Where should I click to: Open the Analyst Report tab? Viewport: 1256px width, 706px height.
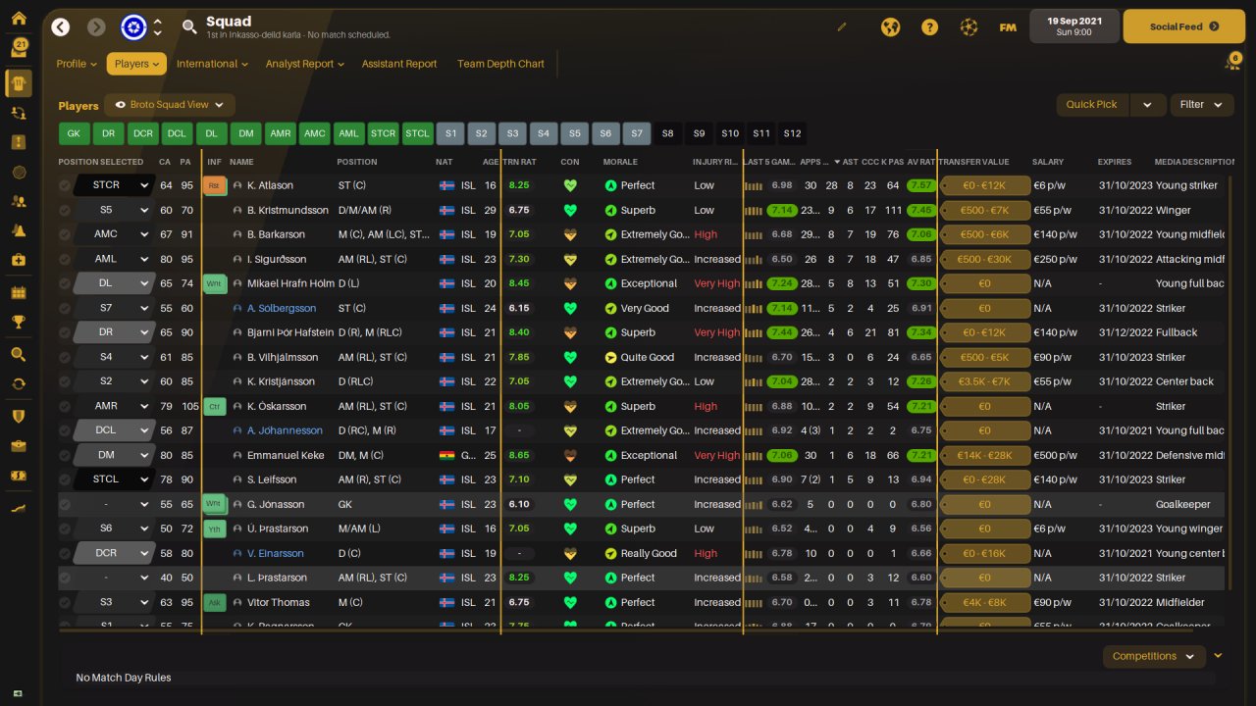(304, 64)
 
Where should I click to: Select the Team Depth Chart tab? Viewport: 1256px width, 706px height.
(500, 64)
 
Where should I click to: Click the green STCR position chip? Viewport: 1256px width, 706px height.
(383, 133)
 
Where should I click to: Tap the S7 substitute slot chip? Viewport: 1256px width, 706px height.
(637, 133)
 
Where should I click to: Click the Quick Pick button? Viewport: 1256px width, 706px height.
(1091, 105)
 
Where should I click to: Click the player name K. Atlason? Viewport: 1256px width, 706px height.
(270, 185)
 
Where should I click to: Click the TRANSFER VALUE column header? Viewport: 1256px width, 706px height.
(973, 162)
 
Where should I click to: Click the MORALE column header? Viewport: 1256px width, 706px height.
(620, 162)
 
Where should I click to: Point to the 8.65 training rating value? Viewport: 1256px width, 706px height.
(519, 455)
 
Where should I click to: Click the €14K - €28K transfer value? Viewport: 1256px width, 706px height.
(984, 455)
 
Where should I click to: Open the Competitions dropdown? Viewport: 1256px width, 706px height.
(1153, 656)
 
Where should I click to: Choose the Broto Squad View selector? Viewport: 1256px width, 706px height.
(170, 105)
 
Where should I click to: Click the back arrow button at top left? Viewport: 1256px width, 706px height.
(61, 27)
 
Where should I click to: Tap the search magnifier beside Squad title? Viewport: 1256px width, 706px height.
(189, 27)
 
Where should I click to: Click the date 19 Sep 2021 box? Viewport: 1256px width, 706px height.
(1073, 26)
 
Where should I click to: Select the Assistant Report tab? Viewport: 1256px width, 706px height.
(399, 64)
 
